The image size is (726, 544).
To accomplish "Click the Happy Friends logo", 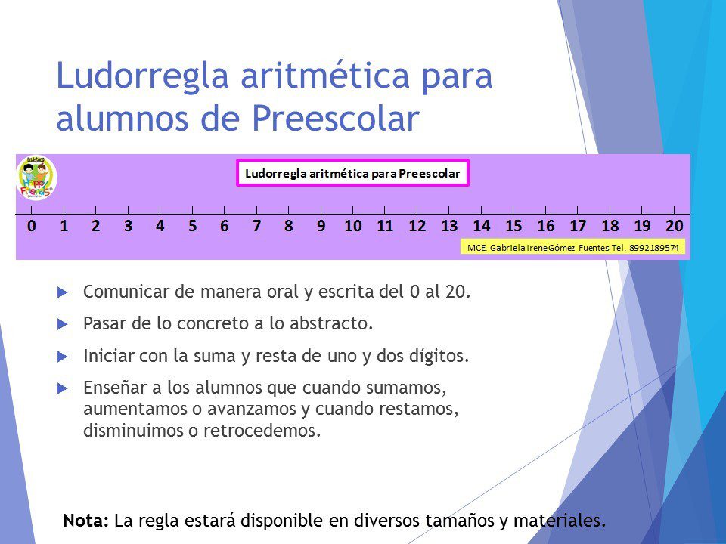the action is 36,178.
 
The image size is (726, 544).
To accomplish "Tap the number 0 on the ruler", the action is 32,226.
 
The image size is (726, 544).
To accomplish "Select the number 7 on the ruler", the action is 256,226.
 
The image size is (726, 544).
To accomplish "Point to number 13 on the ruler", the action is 449,226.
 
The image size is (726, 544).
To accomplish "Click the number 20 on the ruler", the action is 674,226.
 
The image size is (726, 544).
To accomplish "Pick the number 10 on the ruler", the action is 353,226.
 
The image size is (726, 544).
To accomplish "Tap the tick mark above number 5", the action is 192,210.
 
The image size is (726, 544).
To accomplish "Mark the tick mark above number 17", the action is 578,210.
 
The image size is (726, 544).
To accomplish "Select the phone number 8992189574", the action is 654,248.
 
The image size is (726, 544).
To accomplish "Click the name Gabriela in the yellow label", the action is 507,248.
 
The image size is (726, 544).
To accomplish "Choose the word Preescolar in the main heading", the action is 336,118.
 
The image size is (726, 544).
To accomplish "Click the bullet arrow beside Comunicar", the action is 63,292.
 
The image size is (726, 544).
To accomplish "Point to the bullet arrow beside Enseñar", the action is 63,388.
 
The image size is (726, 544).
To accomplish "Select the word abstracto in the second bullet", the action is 331,323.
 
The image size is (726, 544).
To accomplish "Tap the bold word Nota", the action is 86,521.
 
